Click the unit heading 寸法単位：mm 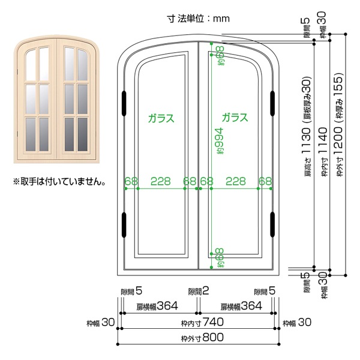coord(199,19)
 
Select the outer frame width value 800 coord(213,337)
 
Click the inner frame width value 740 coord(213,322)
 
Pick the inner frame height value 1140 coord(323,140)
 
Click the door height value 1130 coord(307,141)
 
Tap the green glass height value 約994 coord(219,141)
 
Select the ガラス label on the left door coord(161,118)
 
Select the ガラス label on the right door coord(235,118)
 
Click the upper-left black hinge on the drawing coord(124,103)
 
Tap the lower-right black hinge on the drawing coord(272,224)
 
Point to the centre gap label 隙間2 coord(199,292)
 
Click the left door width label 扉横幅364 coord(157,306)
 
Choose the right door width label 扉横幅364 coord(241,306)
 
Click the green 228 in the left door coord(161,181)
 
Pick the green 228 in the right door coord(236,181)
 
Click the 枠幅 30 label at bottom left coord(101,323)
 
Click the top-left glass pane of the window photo coord(31,65)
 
